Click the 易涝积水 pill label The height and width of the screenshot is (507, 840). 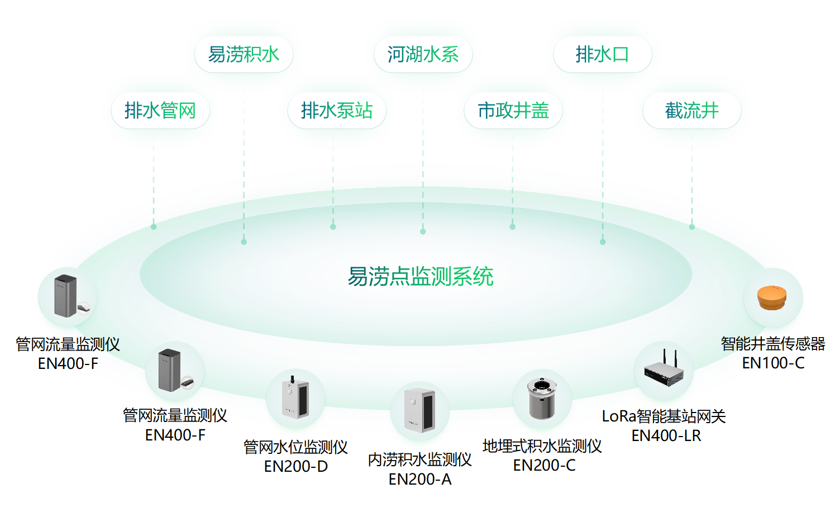(244, 54)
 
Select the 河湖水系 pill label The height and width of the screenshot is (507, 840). (423, 54)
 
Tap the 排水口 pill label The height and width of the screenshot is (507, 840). (602, 54)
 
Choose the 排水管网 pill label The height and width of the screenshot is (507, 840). (160, 110)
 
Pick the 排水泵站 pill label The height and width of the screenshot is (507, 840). (337, 110)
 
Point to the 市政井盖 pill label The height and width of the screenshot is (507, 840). (513, 110)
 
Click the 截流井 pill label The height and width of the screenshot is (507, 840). (691, 110)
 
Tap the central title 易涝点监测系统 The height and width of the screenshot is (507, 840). (421, 276)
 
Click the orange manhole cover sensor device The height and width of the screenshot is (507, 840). (772, 297)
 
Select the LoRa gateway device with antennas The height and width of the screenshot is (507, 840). (664, 369)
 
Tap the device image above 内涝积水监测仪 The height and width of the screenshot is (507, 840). (420, 410)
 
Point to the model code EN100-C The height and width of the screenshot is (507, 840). (773, 363)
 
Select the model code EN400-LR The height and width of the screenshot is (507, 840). (666, 435)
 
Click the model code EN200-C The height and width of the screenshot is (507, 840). (544, 465)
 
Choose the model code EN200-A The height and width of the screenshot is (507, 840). (420, 479)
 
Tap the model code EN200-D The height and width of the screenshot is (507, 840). (295, 466)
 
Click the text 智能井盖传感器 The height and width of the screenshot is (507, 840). (773, 344)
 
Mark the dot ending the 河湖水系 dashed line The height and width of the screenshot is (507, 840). (423, 231)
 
